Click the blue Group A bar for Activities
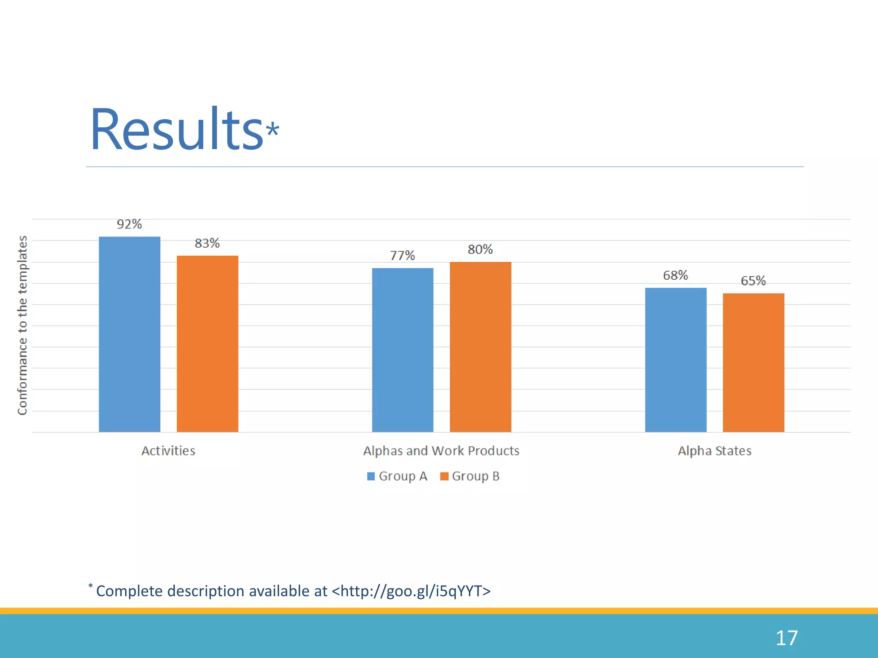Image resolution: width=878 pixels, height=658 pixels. tap(129, 334)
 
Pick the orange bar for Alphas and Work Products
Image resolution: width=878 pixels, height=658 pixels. tap(481, 347)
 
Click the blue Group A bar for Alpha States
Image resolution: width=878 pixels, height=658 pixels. tap(676, 360)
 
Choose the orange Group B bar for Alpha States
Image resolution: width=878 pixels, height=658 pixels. tap(754, 362)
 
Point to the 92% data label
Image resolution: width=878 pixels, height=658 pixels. tap(129, 224)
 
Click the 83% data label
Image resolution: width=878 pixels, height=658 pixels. tap(207, 243)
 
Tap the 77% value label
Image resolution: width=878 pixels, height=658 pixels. tap(402, 256)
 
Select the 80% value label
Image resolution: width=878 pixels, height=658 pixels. tap(480, 249)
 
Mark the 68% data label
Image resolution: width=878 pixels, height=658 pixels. tap(675, 275)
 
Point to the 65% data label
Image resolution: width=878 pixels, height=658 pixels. tap(753, 281)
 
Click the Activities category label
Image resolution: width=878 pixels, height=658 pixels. tap(168, 451)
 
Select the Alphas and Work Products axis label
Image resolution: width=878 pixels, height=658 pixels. tap(441, 451)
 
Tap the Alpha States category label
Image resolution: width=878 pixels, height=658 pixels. tap(715, 451)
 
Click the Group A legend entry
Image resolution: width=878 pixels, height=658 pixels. tap(397, 476)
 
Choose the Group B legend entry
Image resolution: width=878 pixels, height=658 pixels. tap(470, 476)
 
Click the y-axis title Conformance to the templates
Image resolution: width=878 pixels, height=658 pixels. tap(22, 325)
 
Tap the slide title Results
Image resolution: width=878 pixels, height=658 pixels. tap(177, 129)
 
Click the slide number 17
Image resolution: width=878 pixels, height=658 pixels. tap(787, 638)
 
